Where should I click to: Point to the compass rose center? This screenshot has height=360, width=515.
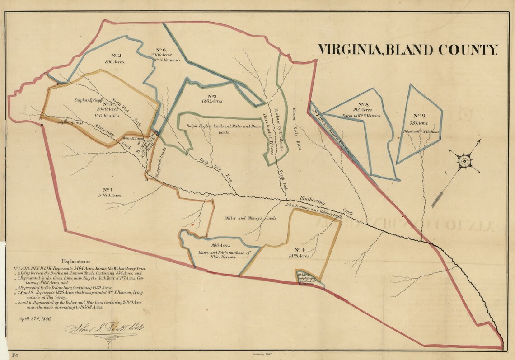(464, 161)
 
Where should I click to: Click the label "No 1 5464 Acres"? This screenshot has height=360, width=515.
(107, 192)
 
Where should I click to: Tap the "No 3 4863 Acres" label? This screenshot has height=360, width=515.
(212, 99)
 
